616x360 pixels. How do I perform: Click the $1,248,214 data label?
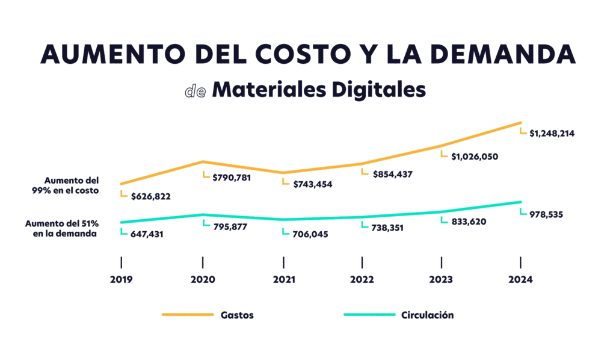coord(552,134)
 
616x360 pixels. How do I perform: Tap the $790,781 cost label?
coord(230,178)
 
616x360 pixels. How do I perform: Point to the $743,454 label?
coord(312,184)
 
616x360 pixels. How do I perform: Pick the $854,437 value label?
coord(392,174)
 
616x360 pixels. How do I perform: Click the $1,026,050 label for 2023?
coord(475,157)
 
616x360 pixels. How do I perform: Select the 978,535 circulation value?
coord(546,214)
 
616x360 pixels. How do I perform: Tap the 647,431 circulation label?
coord(151,234)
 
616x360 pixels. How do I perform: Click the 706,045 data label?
coord(310,234)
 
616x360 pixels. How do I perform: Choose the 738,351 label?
coord(390,228)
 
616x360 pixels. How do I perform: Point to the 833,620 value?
coord(469,222)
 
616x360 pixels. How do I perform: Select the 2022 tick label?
coord(362,279)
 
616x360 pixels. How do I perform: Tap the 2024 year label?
coord(520,279)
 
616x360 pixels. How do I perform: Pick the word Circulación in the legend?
coord(427,315)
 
